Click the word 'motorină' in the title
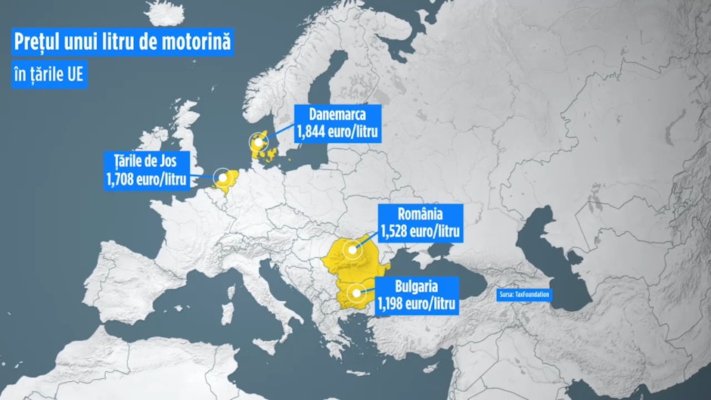(191, 42)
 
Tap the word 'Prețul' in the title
(39, 42)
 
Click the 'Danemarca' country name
(337, 116)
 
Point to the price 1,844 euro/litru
(337, 132)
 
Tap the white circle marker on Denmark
(260, 141)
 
